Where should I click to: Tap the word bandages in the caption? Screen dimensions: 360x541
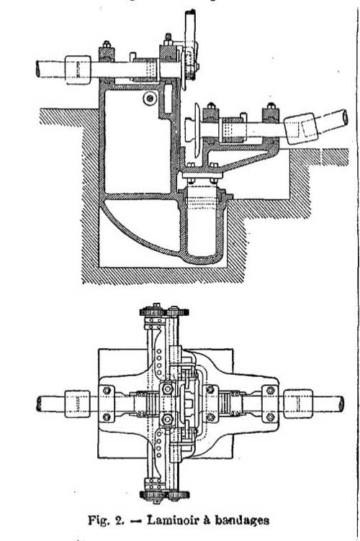tap(242, 520)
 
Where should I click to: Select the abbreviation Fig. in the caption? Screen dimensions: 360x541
tap(100, 520)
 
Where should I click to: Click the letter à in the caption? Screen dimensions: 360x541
tap(208, 520)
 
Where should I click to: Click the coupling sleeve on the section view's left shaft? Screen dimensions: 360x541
tap(78, 70)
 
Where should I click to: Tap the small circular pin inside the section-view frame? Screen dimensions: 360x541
tap(150, 99)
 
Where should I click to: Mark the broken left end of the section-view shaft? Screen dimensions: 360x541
tap(38, 69)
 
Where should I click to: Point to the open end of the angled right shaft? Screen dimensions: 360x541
tap(343, 117)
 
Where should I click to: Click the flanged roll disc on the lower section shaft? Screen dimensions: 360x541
tap(197, 130)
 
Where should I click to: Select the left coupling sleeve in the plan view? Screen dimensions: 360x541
tap(78, 404)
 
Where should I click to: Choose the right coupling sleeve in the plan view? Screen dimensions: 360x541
tap(298, 404)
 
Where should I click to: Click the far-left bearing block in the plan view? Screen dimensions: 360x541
tap(107, 404)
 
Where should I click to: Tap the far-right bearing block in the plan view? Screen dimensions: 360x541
tap(270, 404)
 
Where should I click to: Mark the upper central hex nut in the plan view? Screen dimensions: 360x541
tap(168, 389)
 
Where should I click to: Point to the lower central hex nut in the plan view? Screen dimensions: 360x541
tap(168, 419)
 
